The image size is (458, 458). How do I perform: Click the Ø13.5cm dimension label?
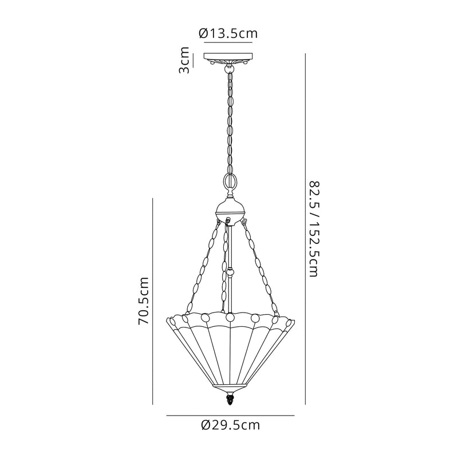click(x=228, y=33)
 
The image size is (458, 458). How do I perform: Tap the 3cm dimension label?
click(x=184, y=60)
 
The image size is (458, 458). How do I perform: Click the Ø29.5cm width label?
click(x=231, y=425)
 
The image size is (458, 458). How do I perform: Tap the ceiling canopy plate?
click(x=230, y=58)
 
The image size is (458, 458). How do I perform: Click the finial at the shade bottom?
click(x=230, y=398)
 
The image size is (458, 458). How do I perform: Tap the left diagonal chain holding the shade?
click(x=200, y=269)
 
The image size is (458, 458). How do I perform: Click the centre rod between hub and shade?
click(x=230, y=246)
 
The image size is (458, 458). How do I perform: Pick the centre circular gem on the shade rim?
click(x=230, y=317)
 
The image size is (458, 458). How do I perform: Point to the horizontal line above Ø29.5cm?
click(x=230, y=414)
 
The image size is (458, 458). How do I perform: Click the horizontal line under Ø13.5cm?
click(x=229, y=43)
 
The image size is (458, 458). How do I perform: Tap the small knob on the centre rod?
click(x=230, y=273)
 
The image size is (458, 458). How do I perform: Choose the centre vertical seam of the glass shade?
click(x=230, y=355)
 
